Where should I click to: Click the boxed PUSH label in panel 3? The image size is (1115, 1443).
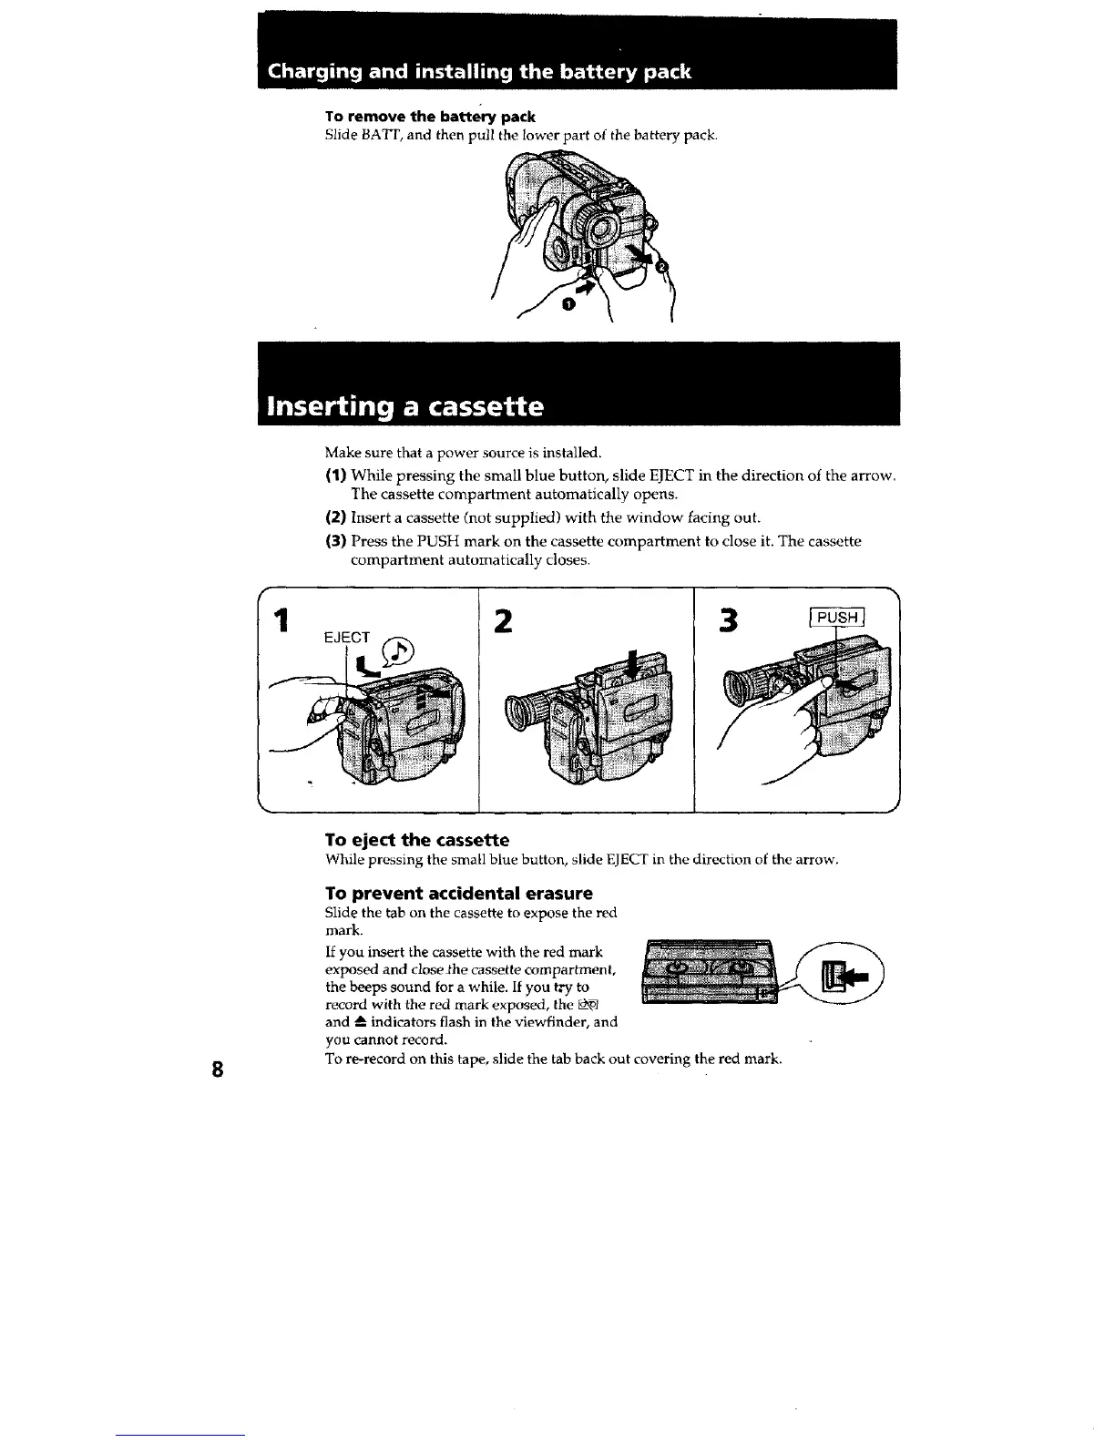837,619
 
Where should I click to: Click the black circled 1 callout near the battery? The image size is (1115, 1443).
568,304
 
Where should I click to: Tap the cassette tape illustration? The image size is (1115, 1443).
711,973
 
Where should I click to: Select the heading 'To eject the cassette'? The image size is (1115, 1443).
416,839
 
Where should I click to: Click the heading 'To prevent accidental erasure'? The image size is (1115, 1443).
458,893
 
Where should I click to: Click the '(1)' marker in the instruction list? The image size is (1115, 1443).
335,475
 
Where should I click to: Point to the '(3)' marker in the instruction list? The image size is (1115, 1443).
335,541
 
